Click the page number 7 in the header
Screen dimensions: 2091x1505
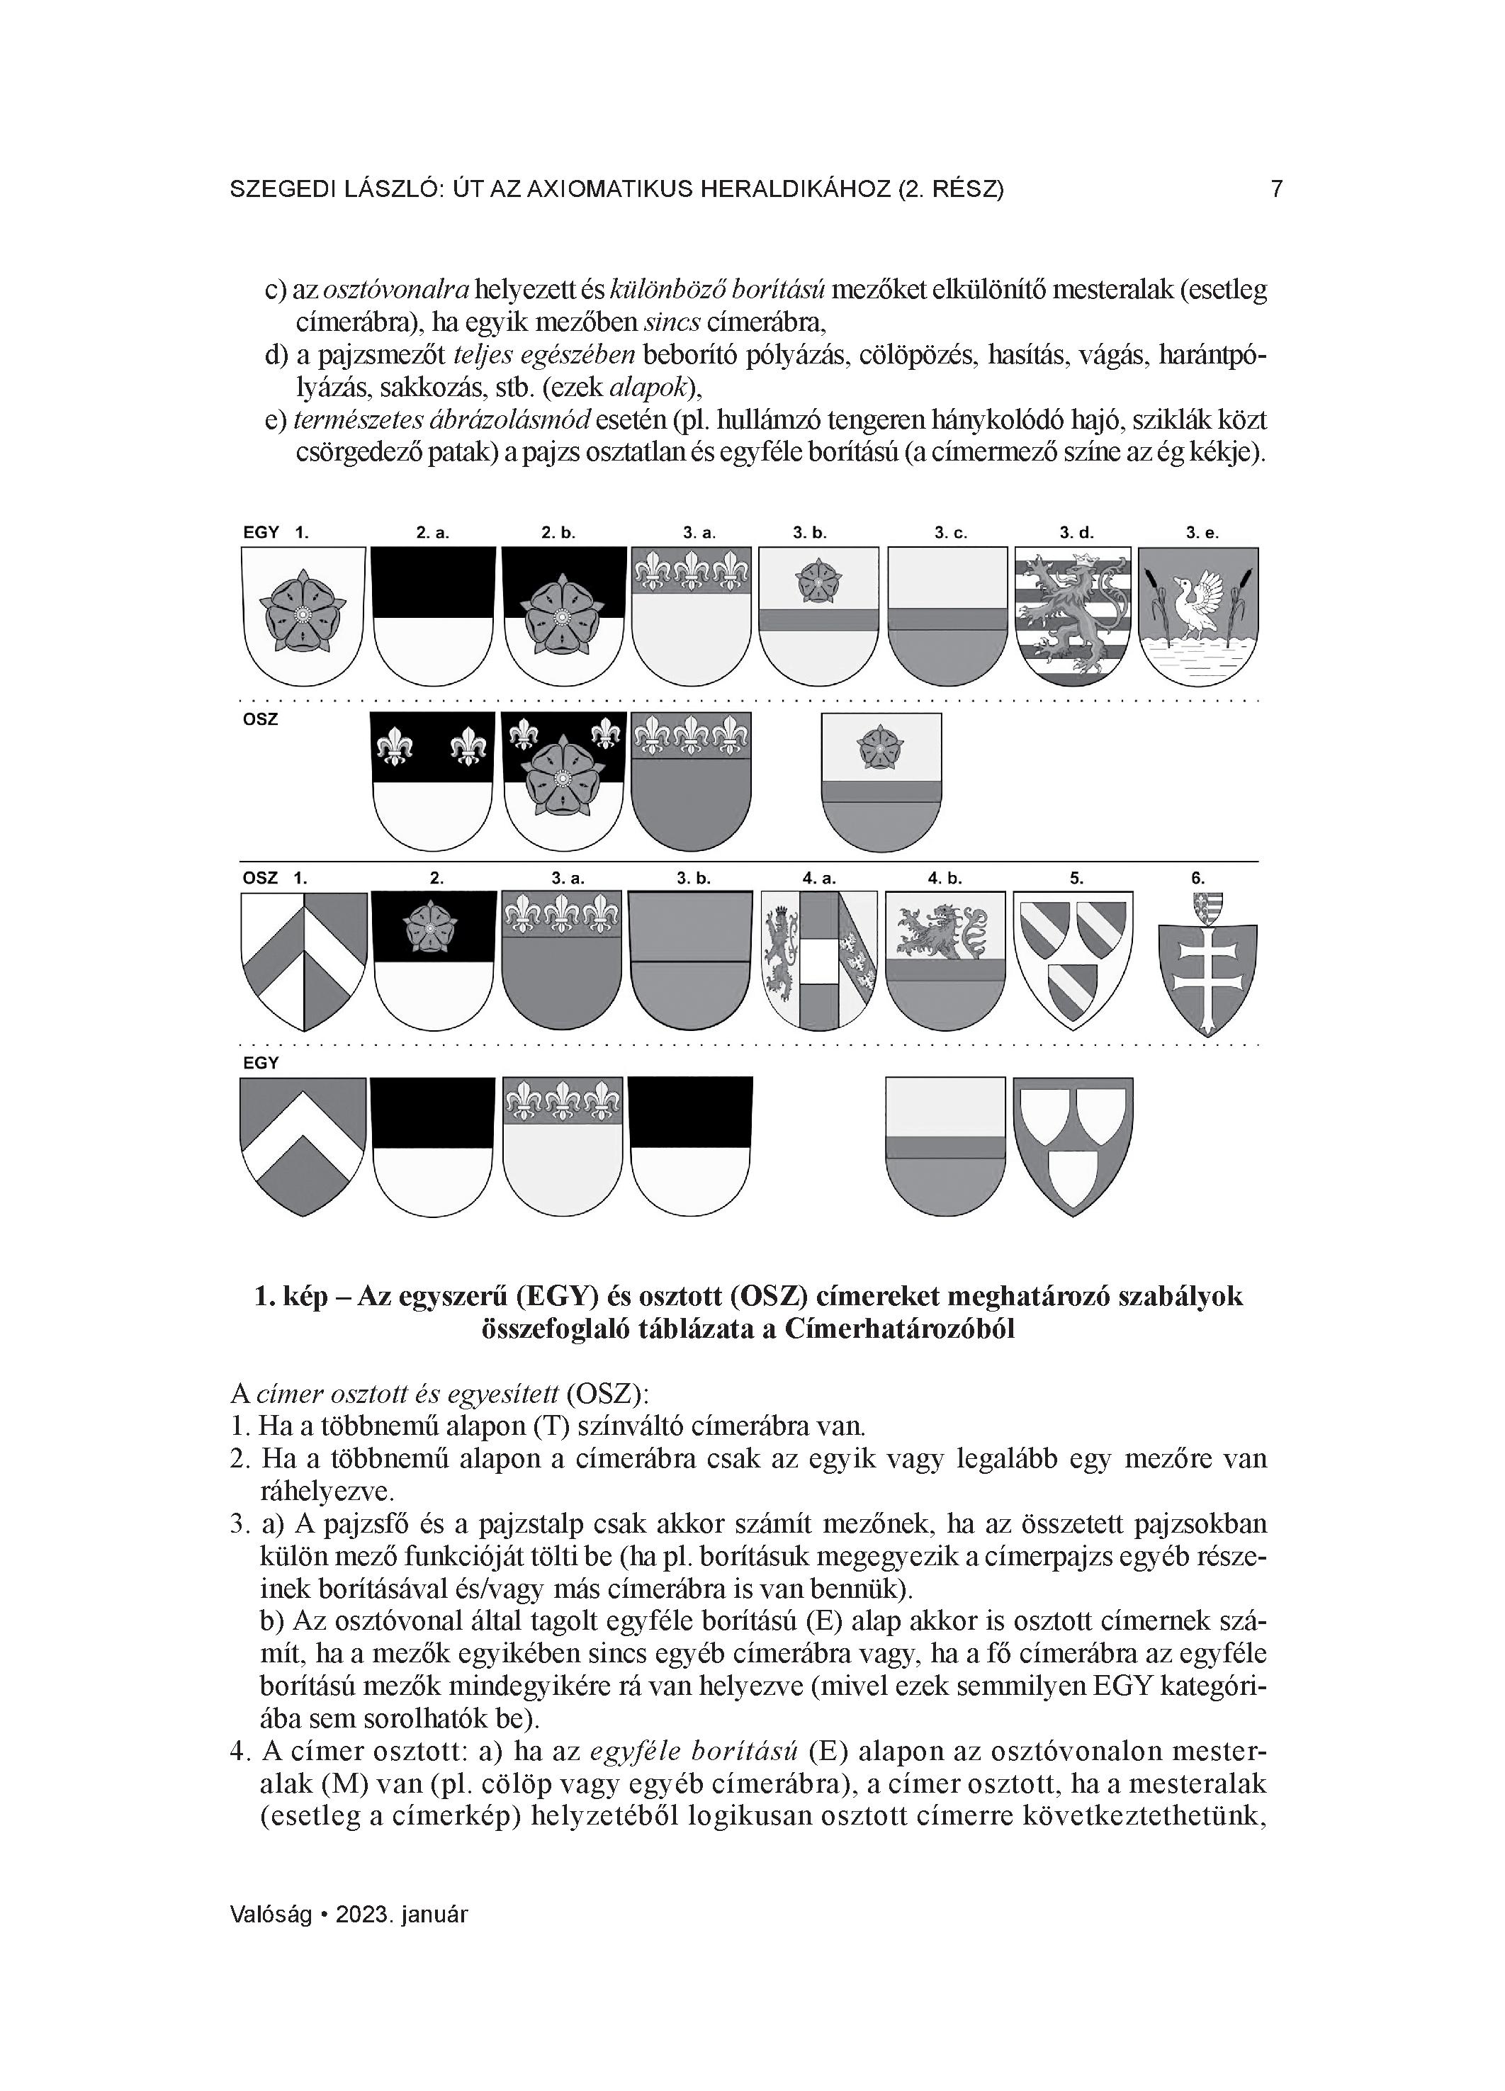pyautogui.click(x=1276, y=189)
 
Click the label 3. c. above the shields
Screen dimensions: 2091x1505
pyautogui.click(x=950, y=533)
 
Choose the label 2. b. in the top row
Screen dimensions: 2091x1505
pyautogui.click(x=557, y=533)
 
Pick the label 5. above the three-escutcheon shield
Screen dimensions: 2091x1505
pyautogui.click(x=1076, y=879)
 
